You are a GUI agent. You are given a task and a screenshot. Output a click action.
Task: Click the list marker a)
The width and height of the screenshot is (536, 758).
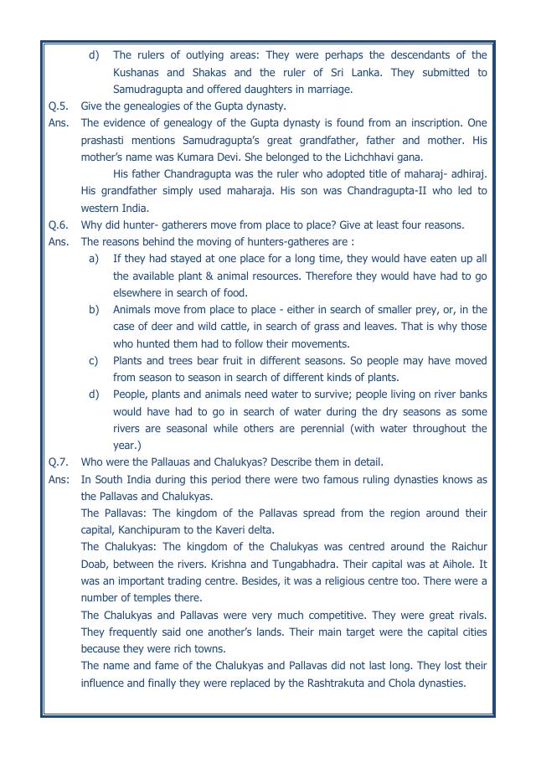coord(95,259)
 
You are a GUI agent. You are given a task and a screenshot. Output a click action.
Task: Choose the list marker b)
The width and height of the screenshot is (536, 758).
coord(95,310)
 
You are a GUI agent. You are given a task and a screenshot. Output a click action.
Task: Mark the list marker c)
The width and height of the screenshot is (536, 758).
coord(95,360)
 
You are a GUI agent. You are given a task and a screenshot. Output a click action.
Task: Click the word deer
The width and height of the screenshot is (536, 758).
coord(162,327)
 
